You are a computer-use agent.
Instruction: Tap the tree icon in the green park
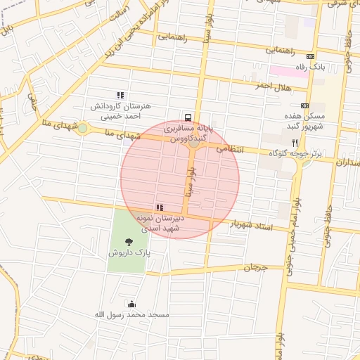[127, 241]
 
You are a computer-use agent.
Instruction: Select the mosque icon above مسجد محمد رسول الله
[131, 304]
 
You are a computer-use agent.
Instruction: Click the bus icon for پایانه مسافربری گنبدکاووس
[188, 117]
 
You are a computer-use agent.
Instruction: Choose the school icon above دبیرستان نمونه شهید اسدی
[160, 207]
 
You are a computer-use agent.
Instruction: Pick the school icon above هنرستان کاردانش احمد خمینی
[120, 95]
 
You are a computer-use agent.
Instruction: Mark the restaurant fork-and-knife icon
[304, 142]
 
